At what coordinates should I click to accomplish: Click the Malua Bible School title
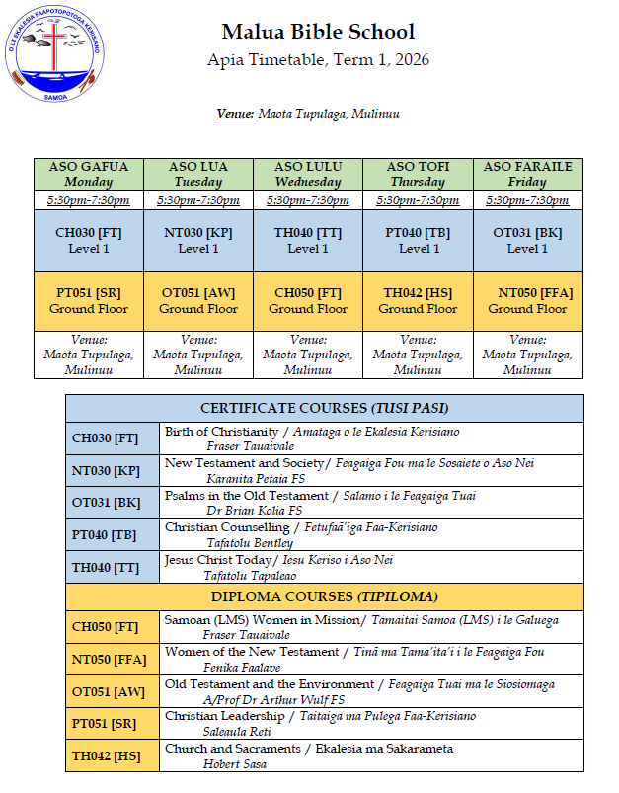[x=318, y=33]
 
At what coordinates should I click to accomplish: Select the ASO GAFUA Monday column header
[x=89, y=174]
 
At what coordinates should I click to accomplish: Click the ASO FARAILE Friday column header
[x=527, y=174]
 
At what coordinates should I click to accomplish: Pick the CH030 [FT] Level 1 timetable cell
[x=89, y=240]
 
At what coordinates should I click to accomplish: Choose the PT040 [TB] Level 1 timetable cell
[x=419, y=240]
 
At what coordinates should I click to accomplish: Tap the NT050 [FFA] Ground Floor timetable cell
[x=527, y=300]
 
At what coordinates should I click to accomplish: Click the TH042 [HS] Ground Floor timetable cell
[x=419, y=300]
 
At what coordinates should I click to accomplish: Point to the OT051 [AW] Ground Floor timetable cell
[x=198, y=300]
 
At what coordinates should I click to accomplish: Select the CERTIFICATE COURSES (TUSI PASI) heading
[x=325, y=408]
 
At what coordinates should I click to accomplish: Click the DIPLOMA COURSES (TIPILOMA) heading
[x=325, y=596]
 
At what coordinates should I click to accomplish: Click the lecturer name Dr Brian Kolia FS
[x=254, y=511]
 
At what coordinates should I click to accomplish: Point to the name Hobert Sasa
[x=235, y=762]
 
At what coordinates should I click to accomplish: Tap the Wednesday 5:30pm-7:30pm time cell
[x=308, y=200]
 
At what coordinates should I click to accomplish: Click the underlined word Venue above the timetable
[x=235, y=114]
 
